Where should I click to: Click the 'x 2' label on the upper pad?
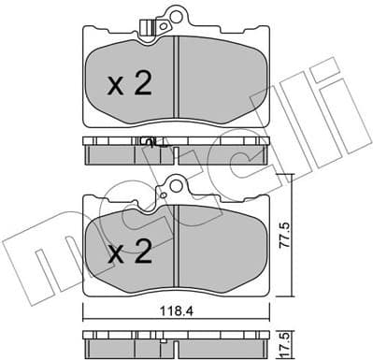(x=128, y=85)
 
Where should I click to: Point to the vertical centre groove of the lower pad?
(x=177, y=249)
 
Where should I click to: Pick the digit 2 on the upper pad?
(x=141, y=85)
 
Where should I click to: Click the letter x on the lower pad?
(x=114, y=252)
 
